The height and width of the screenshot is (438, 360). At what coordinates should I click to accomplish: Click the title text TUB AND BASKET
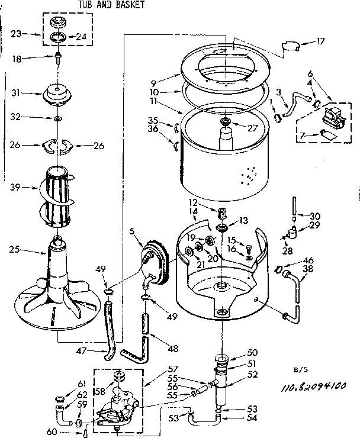point(111,5)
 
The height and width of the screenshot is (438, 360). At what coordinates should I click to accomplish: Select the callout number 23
point(17,34)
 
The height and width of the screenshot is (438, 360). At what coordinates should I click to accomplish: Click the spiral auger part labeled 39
point(58,189)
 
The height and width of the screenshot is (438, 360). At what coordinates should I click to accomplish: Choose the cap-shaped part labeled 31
point(58,94)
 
